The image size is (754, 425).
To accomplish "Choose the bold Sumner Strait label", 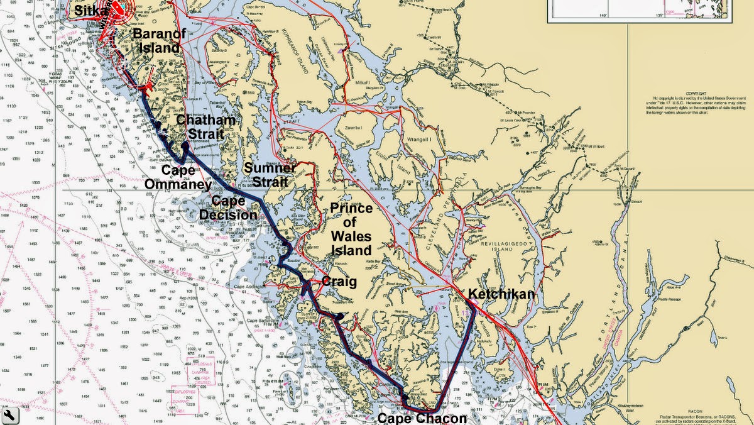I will point(270,175).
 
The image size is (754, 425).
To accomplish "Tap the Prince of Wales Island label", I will point(351,229).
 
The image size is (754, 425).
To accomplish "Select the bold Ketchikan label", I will point(500,294).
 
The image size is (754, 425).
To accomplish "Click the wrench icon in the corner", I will point(9,416).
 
